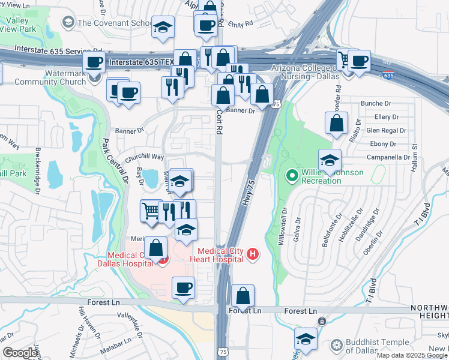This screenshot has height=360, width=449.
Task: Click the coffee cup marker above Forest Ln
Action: pos(184,287)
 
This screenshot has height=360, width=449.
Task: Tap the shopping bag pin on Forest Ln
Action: pos(243,296)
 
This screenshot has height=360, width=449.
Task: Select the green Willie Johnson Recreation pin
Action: pos(292,175)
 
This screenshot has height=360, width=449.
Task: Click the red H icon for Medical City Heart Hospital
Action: pos(253,254)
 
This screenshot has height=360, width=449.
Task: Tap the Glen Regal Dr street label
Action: pos(386,130)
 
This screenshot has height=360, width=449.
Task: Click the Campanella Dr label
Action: pos(389,157)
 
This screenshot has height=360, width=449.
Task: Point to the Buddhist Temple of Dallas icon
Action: pos(337,346)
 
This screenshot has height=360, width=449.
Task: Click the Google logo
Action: pos(20,353)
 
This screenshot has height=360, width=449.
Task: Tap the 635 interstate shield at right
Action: pos(388,75)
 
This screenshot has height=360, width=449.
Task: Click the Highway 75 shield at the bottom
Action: pos(223,351)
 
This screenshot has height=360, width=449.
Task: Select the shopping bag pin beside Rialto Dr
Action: pos(336,122)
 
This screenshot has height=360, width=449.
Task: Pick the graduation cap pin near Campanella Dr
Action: pos(330,160)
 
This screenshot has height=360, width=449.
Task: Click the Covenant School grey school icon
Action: pos(68,23)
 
